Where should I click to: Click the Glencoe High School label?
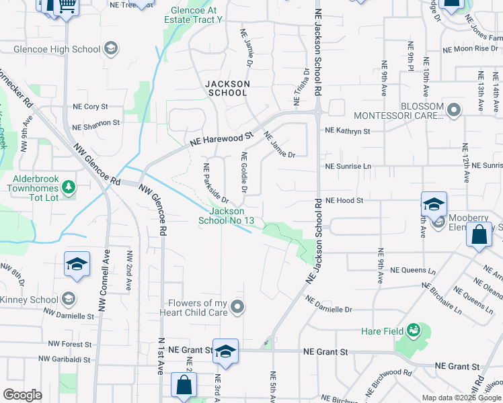(58, 49)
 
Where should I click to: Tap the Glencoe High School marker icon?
(111, 48)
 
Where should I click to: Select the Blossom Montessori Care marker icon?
(454, 110)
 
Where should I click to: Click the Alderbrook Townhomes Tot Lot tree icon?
(68, 185)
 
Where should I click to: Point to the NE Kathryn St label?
(348, 132)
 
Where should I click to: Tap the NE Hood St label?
(344, 200)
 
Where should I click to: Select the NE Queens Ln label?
(413, 270)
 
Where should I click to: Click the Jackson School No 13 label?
(226, 216)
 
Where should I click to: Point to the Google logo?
(22, 395)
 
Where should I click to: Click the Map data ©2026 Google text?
(461, 398)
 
